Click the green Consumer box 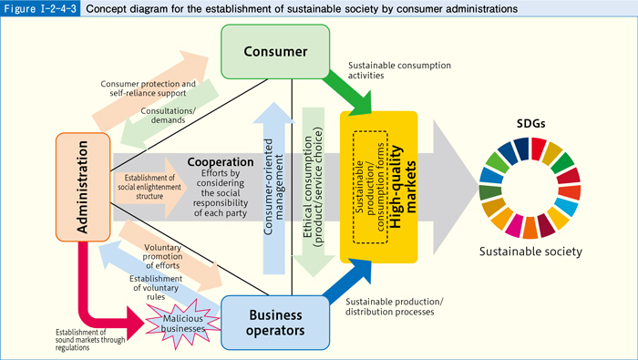tap(274, 50)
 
